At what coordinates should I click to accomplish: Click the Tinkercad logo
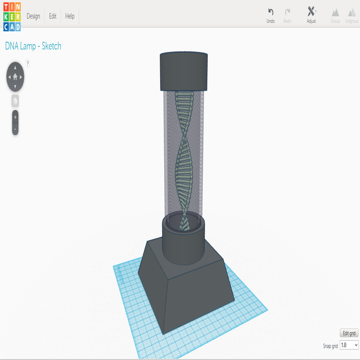coord(11,16)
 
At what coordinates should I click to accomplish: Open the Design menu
coord(33,16)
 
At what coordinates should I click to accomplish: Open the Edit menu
coord(52,16)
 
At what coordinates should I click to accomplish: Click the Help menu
coord(70,16)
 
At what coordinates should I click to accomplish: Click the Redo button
coord(287,15)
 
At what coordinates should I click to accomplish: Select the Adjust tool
coord(311,15)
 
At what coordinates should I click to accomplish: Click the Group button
coord(335,15)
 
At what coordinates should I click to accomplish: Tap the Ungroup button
coord(352,15)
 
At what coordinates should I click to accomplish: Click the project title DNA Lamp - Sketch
coord(33,46)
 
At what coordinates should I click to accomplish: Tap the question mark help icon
coord(27,63)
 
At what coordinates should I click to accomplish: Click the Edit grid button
coord(350,333)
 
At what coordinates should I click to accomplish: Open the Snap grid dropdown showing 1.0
coord(349,345)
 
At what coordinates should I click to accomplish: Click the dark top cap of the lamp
coord(183,72)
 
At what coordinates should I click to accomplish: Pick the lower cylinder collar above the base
coord(183,244)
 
